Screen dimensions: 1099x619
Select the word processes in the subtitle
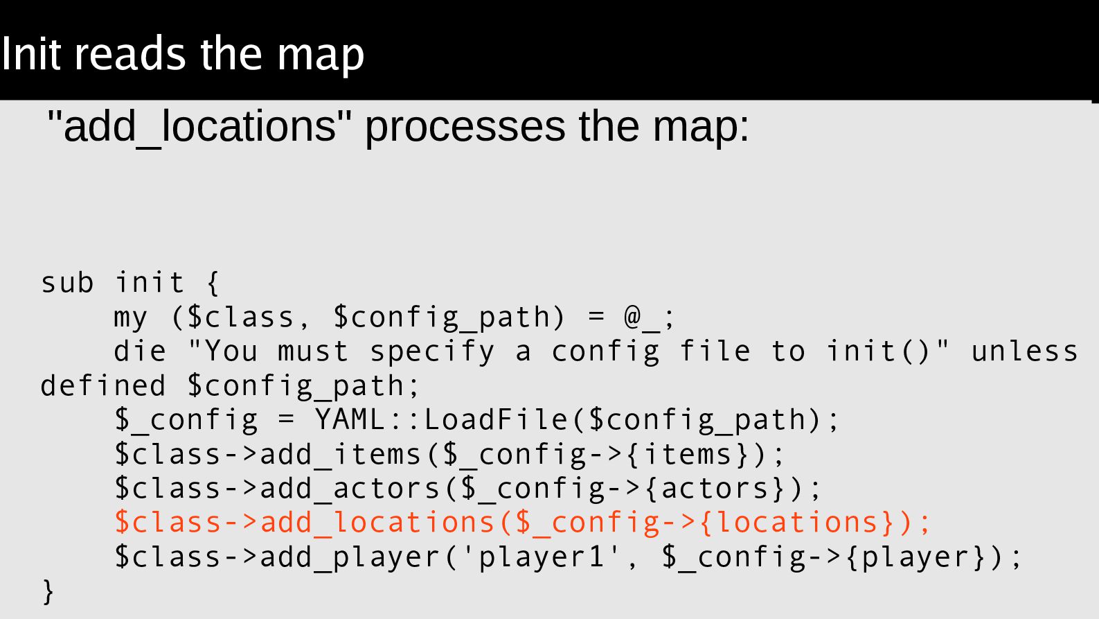[465, 128]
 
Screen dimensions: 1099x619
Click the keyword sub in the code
[67, 283]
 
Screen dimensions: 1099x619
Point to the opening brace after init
[213, 283]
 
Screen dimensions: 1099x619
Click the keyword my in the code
[131, 317]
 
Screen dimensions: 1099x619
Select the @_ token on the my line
[642, 317]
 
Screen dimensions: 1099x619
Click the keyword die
[140, 351]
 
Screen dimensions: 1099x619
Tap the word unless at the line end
[1024, 351]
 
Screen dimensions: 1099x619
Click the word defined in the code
[103, 386]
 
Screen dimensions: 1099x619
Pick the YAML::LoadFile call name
[440, 420]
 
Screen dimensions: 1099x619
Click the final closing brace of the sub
[48, 591]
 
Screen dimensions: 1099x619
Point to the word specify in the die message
[432, 351]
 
